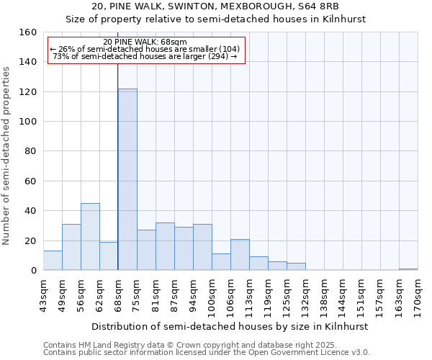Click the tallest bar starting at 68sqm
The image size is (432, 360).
(x=127, y=179)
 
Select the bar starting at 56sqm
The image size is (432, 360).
(x=90, y=237)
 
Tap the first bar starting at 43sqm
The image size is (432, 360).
(x=53, y=261)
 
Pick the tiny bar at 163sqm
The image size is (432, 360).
(x=408, y=269)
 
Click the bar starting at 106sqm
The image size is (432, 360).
(x=240, y=255)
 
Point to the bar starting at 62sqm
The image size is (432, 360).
(x=109, y=256)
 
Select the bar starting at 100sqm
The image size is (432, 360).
(x=221, y=262)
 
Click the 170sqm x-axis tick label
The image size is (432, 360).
(x=418, y=294)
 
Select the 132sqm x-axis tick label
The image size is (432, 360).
(x=306, y=294)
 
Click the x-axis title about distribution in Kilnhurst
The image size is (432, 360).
(x=230, y=326)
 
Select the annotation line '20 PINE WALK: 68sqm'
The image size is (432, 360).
(x=145, y=42)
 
